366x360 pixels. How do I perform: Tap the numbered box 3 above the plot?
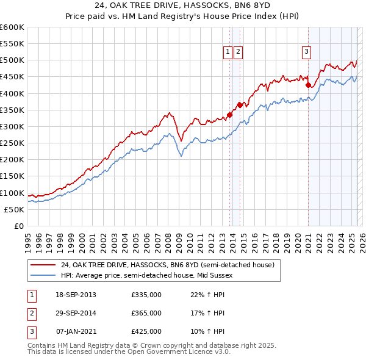click(x=306, y=52)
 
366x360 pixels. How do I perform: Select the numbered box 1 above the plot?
click(x=228, y=52)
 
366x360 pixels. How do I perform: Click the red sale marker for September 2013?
click(x=230, y=114)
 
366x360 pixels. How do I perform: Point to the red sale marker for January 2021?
click(x=308, y=85)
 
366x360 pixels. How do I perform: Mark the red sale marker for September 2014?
click(x=240, y=104)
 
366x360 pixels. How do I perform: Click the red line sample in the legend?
click(x=43, y=265)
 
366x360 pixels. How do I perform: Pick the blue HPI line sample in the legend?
click(x=43, y=275)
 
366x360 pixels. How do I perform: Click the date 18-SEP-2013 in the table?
click(x=76, y=295)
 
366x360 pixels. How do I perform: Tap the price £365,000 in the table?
click(x=146, y=313)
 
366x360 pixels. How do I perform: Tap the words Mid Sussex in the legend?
click(x=218, y=275)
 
